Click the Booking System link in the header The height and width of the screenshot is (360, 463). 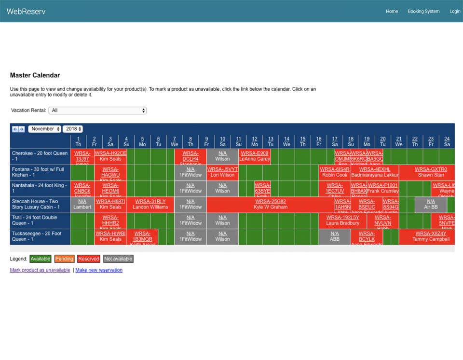(x=423, y=11)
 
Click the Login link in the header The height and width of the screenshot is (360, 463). (x=455, y=11)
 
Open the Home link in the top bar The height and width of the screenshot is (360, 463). (x=392, y=11)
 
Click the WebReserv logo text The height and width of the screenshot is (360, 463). (x=26, y=11)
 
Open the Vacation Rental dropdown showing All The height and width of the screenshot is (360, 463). (x=97, y=111)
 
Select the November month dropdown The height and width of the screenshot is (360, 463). (x=45, y=129)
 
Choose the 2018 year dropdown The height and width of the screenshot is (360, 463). (x=73, y=129)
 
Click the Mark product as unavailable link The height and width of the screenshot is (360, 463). (x=40, y=270)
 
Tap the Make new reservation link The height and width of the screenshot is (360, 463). (x=99, y=270)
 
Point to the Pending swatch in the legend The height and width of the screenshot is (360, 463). (x=64, y=259)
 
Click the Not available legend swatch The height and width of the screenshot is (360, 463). (x=118, y=259)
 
